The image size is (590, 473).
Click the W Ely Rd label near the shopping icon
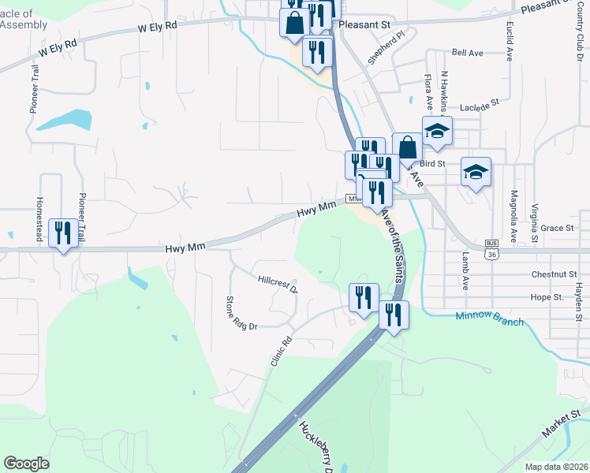[158, 26]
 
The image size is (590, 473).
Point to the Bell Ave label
[467, 53]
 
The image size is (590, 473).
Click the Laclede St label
[480, 103]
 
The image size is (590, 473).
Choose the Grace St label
[557, 228]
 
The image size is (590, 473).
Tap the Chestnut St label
[555, 274]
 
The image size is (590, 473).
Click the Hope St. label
[547, 297]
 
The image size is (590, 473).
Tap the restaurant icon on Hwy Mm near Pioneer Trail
[63, 233]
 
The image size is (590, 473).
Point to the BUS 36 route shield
[492, 249]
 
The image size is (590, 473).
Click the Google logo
[28, 464]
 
